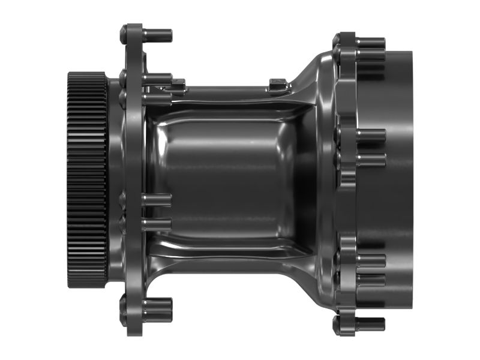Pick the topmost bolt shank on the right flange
369,43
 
